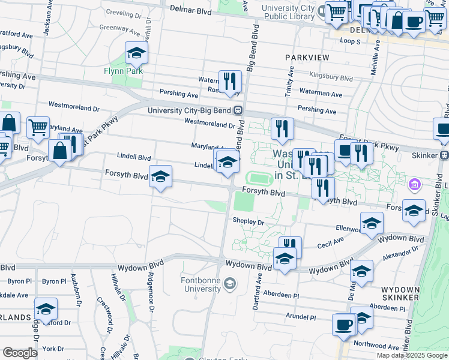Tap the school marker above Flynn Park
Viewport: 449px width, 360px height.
[x=137, y=55]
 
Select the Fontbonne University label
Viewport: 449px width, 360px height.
[x=201, y=284]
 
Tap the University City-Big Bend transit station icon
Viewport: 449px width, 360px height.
[x=238, y=110]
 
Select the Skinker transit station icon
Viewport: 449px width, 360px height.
[x=444, y=155]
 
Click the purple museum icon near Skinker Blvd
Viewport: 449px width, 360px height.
[x=414, y=183]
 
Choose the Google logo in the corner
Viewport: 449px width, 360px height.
[x=20, y=352]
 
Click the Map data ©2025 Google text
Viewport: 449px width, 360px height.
[x=411, y=355]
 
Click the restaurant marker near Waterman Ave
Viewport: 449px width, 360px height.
[x=230, y=81]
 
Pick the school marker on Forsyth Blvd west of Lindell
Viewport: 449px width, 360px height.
[x=160, y=177]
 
